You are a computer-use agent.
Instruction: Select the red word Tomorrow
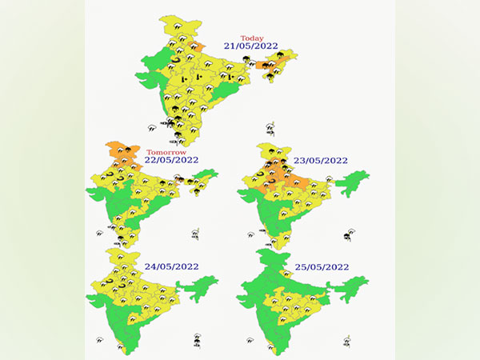pyautogui.click(x=167, y=152)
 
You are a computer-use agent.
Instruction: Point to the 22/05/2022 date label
pyautogui.click(x=172, y=160)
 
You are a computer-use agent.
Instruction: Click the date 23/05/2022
pyautogui.click(x=322, y=160)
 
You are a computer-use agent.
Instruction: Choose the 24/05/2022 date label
pyautogui.click(x=172, y=266)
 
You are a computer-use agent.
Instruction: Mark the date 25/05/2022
pyautogui.click(x=322, y=266)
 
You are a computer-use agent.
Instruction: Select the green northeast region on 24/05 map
pyautogui.click(x=204, y=286)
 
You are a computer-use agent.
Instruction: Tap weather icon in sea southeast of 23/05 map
pyautogui.click(x=347, y=236)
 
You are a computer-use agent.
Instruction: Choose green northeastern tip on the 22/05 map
pyautogui.click(x=210, y=174)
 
